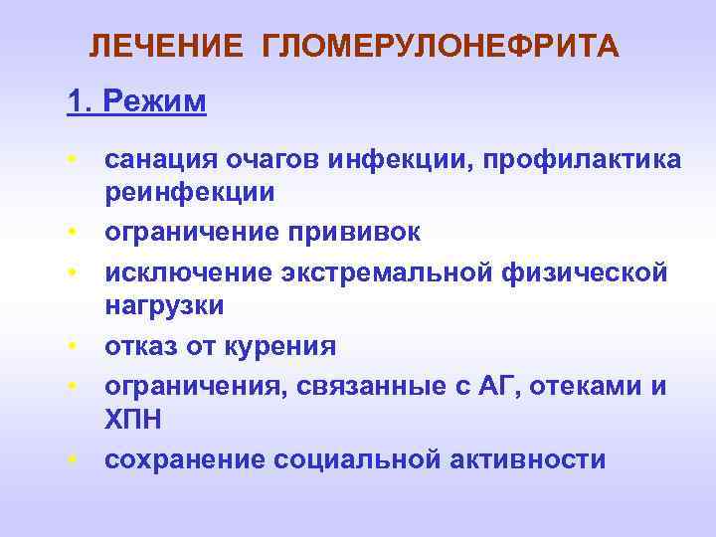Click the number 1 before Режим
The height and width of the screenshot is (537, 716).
coord(75,101)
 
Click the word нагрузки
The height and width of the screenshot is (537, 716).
coord(165,306)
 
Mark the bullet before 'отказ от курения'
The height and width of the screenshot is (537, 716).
coord(74,347)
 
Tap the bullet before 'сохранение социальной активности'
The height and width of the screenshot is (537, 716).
coord(74,460)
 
